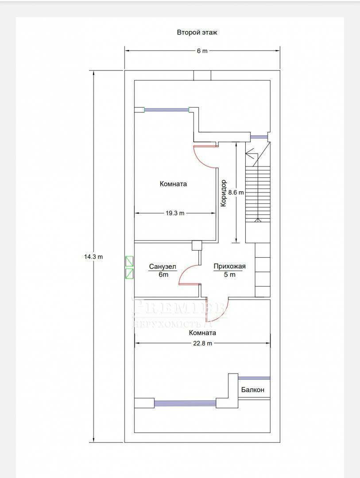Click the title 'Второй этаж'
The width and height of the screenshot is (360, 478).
click(x=197, y=32)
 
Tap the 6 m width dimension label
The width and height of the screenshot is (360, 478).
click(x=202, y=51)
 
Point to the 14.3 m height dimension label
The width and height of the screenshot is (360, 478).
click(x=93, y=257)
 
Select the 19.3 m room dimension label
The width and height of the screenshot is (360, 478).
click(x=175, y=213)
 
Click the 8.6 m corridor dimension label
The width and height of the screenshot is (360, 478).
click(x=236, y=193)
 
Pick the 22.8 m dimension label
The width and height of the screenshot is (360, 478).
click(x=202, y=343)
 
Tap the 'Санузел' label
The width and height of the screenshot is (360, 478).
click(x=163, y=267)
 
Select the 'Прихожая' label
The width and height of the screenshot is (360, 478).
click(x=229, y=266)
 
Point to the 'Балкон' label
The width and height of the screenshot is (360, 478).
click(x=252, y=389)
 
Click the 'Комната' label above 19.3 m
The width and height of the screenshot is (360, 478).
click(x=173, y=184)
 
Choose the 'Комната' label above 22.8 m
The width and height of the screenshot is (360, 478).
click(x=202, y=332)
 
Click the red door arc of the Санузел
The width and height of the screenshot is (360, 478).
click(x=183, y=270)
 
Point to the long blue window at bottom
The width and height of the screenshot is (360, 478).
click(x=185, y=404)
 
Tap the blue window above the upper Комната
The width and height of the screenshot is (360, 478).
click(x=166, y=110)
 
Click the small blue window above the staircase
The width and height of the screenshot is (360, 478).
click(x=259, y=137)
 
